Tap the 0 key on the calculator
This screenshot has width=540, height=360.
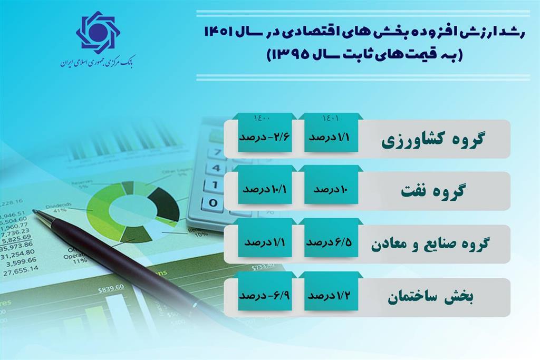click(212, 202)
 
